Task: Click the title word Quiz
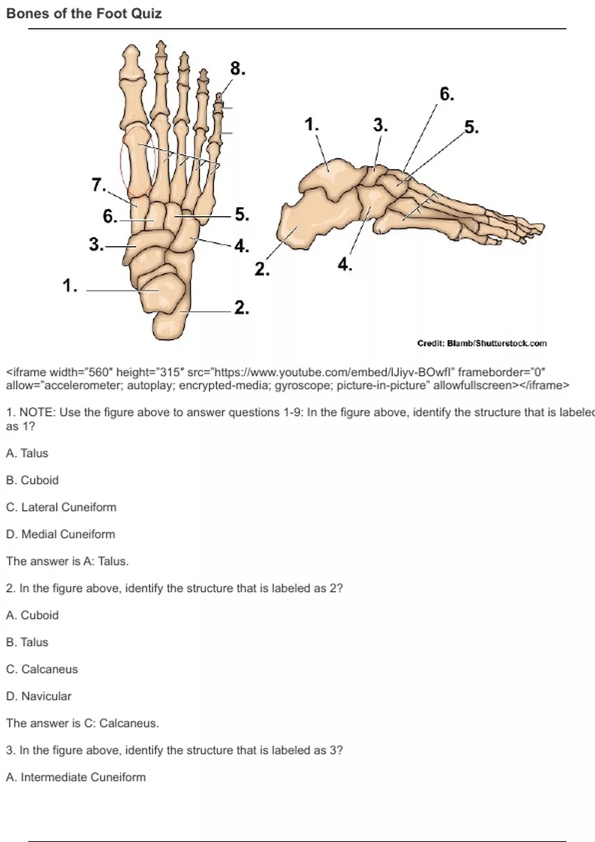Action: point(146,14)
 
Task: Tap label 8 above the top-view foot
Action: point(238,69)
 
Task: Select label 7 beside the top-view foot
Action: point(99,185)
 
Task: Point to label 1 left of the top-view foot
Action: point(70,285)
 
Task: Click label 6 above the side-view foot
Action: point(447,94)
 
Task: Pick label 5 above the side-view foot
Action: point(472,127)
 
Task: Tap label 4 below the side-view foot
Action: point(345,264)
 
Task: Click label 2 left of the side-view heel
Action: point(262,269)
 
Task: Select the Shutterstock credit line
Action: point(482,343)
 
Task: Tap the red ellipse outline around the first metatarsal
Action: point(120,161)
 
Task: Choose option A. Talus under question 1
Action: point(27,453)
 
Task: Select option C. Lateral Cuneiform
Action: point(61,508)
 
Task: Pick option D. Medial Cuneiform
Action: point(60,534)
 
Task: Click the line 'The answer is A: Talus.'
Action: point(67,562)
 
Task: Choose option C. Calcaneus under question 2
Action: point(42,670)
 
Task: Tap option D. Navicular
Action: point(38,696)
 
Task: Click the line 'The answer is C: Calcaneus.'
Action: point(82,724)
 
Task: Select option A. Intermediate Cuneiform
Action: point(76,777)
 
